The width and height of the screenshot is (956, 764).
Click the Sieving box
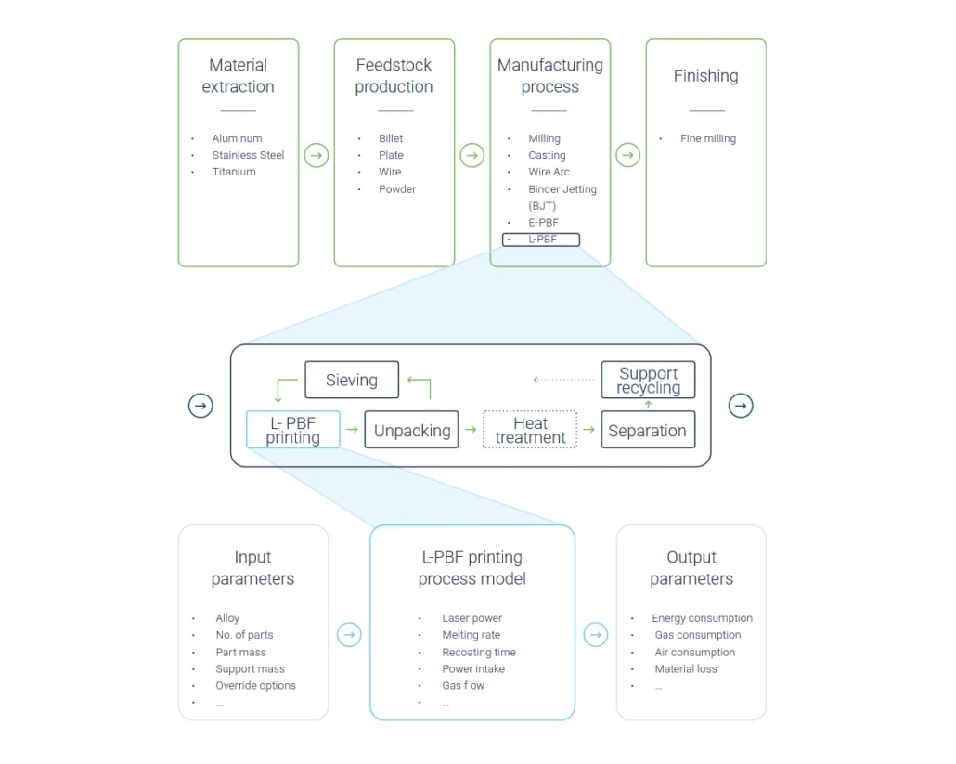tap(352, 380)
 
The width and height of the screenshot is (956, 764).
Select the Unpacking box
tap(411, 430)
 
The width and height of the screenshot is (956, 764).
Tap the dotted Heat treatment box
tap(530, 430)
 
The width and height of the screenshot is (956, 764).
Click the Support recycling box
tap(648, 380)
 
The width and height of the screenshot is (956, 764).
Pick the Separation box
tap(648, 430)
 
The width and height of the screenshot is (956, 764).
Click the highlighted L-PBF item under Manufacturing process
tap(542, 240)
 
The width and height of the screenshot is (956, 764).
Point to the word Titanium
tap(234, 172)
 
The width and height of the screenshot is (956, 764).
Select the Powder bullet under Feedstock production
tap(396, 188)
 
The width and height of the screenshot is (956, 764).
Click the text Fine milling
tap(707, 138)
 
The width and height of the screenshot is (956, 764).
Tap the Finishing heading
tap(705, 76)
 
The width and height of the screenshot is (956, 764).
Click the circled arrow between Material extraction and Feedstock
tap(317, 155)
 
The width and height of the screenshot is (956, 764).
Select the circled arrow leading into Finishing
tap(628, 155)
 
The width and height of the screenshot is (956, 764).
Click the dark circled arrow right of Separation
tap(741, 406)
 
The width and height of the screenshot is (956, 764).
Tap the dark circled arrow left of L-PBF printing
tap(200, 406)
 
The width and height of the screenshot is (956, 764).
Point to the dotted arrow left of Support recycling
tap(563, 380)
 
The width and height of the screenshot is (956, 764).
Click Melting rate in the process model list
tap(471, 635)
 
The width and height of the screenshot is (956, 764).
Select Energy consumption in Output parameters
tap(702, 618)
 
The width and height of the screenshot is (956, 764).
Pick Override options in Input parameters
tap(255, 685)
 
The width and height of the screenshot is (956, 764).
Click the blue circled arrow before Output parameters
tap(596, 635)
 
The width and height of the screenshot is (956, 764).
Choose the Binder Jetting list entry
tap(562, 188)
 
